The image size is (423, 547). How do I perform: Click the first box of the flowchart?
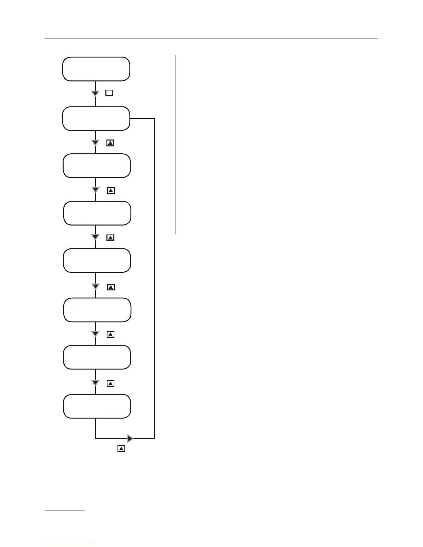pyautogui.click(x=96, y=69)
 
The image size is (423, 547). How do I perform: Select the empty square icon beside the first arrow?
pyautogui.click(x=109, y=93)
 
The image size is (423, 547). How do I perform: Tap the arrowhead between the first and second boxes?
pyautogui.click(x=95, y=93)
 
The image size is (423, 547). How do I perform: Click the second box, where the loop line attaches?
pyautogui.click(x=96, y=118)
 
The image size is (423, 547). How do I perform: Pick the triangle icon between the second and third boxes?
pyautogui.click(x=110, y=143)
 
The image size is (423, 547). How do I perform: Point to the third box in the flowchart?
pyautogui.click(x=97, y=166)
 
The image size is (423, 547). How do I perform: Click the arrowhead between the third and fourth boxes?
pyautogui.click(x=95, y=190)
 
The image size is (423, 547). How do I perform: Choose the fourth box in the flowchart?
pyautogui.click(x=97, y=213)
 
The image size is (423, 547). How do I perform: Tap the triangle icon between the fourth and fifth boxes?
pyautogui.click(x=110, y=238)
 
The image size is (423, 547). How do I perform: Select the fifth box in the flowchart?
pyautogui.click(x=97, y=260)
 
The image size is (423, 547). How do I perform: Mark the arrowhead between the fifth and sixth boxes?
pyautogui.click(x=95, y=286)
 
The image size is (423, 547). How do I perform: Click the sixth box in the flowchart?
pyautogui.click(x=97, y=310)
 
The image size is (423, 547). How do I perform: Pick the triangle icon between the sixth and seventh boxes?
pyautogui.click(x=110, y=334)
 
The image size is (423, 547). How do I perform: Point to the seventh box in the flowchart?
pyautogui.click(x=97, y=357)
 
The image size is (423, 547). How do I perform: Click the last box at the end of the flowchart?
pyautogui.click(x=97, y=406)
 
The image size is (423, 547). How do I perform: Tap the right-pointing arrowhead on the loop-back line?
pyautogui.click(x=130, y=439)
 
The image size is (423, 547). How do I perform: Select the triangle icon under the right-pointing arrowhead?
pyautogui.click(x=121, y=449)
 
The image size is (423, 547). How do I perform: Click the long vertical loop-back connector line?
pyautogui.click(x=154, y=276)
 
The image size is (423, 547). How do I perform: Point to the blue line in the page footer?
pyautogui.click(x=68, y=544)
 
